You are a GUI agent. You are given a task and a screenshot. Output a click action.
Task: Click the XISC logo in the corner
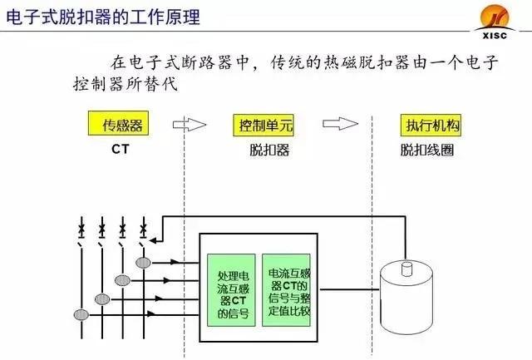click(499, 17)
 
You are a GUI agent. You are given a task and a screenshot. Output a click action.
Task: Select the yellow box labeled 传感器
click(123, 126)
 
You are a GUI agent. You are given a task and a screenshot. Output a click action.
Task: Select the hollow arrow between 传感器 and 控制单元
click(190, 125)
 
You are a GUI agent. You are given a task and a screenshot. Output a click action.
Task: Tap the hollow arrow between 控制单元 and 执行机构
click(340, 125)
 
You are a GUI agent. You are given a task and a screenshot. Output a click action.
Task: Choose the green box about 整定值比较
click(291, 288)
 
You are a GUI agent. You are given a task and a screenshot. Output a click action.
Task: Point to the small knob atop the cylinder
click(407, 268)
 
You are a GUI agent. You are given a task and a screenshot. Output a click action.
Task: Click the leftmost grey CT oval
click(81, 314)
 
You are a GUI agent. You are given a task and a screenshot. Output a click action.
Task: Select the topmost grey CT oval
click(144, 263)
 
